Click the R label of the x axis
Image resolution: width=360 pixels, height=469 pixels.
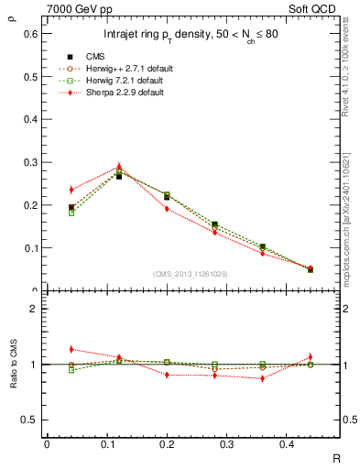coord(336,457)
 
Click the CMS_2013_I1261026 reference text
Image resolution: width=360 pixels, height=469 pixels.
coord(191,274)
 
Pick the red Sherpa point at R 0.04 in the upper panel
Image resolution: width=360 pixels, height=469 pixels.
coord(71,190)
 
